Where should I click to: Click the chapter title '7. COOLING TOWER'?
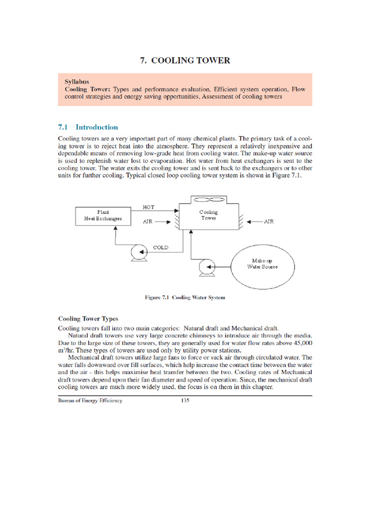click(x=185, y=61)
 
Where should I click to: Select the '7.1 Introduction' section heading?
click(x=88, y=127)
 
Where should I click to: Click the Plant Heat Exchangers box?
click(x=103, y=215)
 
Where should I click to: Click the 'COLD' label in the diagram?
click(x=160, y=248)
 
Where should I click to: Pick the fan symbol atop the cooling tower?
click(x=208, y=200)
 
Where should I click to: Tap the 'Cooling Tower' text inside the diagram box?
click(x=208, y=215)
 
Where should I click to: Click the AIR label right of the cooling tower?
click(x=268, y=222)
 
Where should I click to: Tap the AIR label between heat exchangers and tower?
click(x=148, y=222)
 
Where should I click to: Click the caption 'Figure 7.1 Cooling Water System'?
click(x=185, y=297)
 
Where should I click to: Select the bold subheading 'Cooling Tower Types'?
click(x=88, y=319)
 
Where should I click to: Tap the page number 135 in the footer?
click(x=185, y=400)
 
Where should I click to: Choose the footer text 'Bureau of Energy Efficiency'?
click(x=90, y=400)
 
